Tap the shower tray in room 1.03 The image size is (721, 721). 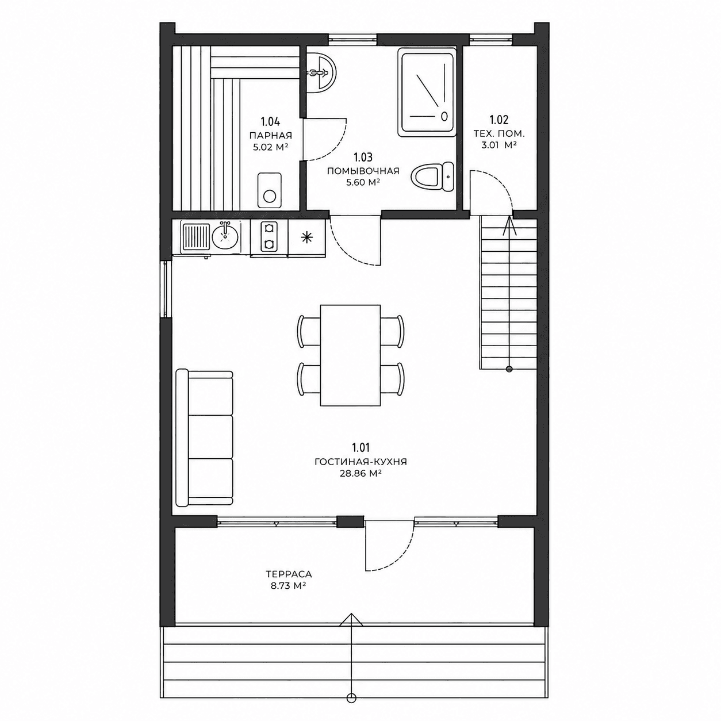click(427, 92)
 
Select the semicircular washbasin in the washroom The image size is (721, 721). click(321, 72)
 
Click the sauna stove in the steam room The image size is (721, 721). click(270, 190)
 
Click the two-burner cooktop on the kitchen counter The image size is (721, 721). click(269, 236)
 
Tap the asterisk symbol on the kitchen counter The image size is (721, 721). click(306, 237)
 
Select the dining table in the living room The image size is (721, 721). click(351, 355)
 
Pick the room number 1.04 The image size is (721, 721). click(270, 122)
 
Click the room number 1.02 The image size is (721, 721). click(499, 120)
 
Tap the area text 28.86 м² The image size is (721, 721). click(360, 474)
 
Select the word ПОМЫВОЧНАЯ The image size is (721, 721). click(363, 171)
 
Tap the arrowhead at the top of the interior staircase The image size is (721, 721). click(509, 226)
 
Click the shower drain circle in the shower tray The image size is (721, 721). click(444, 116)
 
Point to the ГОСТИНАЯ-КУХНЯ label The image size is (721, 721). click(360, 462)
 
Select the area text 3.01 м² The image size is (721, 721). click(499, 145)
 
